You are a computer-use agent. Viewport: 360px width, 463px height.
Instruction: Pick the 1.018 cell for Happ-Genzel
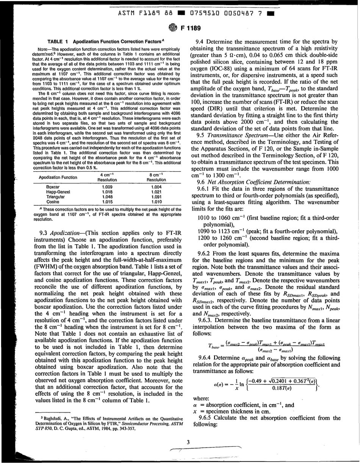109,191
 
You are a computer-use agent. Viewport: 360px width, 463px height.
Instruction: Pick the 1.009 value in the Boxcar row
109,187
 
